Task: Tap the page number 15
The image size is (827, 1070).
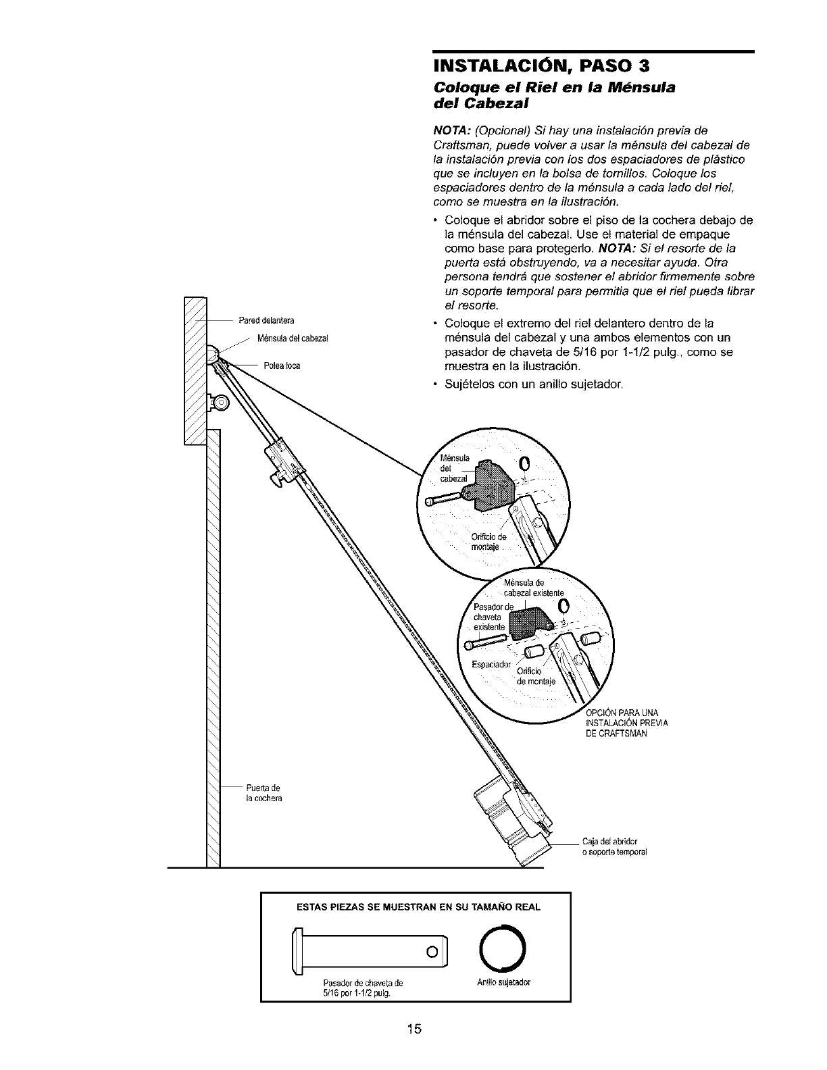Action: pos(414,1029)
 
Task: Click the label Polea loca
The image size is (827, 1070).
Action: pos(282,366)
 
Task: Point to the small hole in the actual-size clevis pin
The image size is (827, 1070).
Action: pos(430,953)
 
